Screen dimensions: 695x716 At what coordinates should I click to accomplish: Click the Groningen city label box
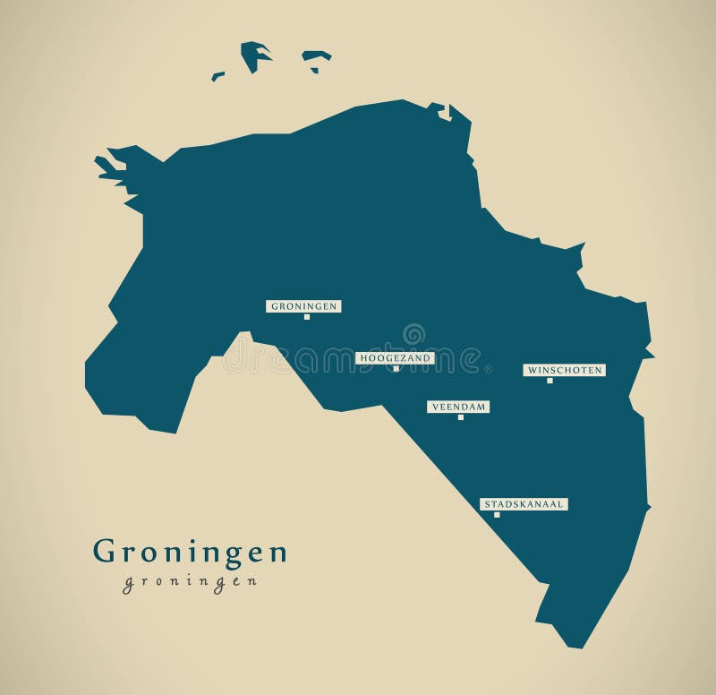303,306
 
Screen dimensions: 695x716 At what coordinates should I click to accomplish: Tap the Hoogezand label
395,358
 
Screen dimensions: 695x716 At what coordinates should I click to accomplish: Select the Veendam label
458,407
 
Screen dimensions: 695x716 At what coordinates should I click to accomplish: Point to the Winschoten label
564,370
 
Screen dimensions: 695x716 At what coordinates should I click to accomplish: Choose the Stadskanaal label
524,504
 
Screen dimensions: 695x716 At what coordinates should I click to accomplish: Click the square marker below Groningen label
306,316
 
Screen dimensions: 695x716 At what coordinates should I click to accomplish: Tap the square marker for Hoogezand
396,368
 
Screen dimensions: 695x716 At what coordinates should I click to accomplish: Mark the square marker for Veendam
461,416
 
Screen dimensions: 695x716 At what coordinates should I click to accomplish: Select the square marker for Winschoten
550,380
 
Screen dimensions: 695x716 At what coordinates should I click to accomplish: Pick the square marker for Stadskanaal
497,514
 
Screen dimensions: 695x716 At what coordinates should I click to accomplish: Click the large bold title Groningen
190,552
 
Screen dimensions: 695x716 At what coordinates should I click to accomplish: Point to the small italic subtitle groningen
190,581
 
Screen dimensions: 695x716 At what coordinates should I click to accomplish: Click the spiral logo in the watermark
413,335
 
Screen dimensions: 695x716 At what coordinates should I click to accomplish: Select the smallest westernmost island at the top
217,76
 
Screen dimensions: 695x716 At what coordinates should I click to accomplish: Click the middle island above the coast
316,59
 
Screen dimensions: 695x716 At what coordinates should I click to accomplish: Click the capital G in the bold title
104,552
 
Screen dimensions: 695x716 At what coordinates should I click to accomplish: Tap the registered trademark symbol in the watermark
488,368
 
